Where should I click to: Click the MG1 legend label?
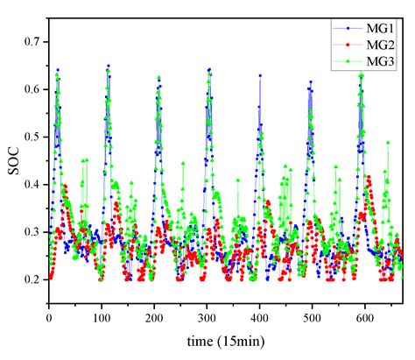pyautogui.click(x=379, y=29)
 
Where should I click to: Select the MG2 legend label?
pyautogui.click(x=379, y=45)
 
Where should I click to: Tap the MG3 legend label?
pyautogui.click(x=379, y=60)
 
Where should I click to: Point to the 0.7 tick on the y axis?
pyautogui.click(x=34, y=42)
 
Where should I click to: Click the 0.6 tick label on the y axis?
pyautogui.click(x=34, y=89)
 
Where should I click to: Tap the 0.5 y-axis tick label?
pyautogui.click(x=34, y=137)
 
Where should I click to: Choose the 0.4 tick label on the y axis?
pyautogui.click(x=34, y=184)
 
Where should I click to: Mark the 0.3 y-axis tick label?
pyautogui.click(x=34, y=232)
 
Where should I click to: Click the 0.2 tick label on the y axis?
pyautogui.click(x=34, y=279)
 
